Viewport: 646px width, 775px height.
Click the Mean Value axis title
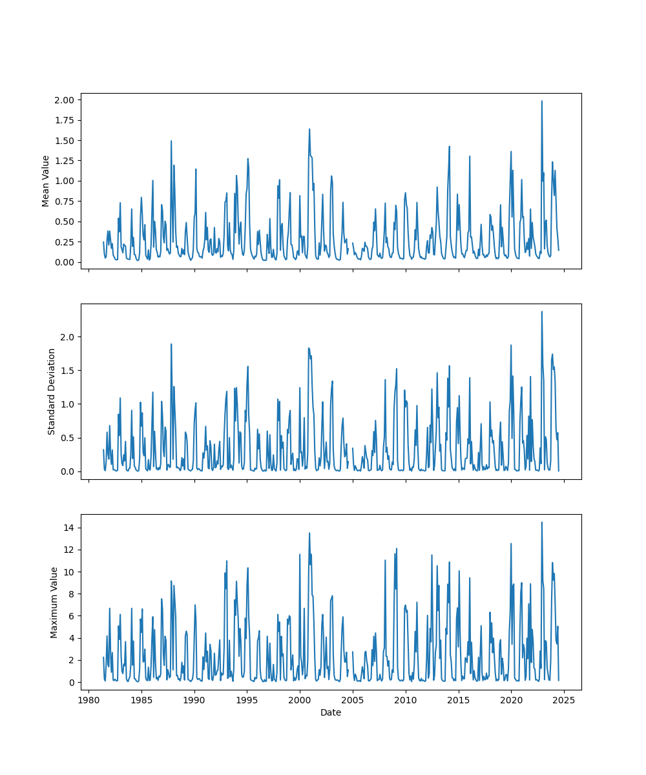tap(46, 181)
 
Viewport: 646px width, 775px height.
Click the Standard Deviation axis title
tap(52, 391)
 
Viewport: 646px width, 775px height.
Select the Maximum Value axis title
tap(54, 602)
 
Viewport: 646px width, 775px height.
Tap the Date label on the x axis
tap(331, 713)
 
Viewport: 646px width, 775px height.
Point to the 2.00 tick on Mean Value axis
tap(65, 100)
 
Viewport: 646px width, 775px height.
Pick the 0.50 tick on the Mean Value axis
tap(65, 222)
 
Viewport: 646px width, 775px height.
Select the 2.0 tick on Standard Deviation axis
tap(68, 337)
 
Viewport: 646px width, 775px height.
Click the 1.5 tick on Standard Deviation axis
tap(68, 371)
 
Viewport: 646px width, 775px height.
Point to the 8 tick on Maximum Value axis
tap(72, 594)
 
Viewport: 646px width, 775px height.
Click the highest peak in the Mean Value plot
tap(542, 101)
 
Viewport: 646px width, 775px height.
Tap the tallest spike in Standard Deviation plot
tap(542, 312)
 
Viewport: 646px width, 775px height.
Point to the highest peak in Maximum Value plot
tap(542, 522)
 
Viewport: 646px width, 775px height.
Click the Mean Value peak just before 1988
tap(171, 141)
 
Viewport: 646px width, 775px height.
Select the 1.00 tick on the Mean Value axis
tap(65, 181)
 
